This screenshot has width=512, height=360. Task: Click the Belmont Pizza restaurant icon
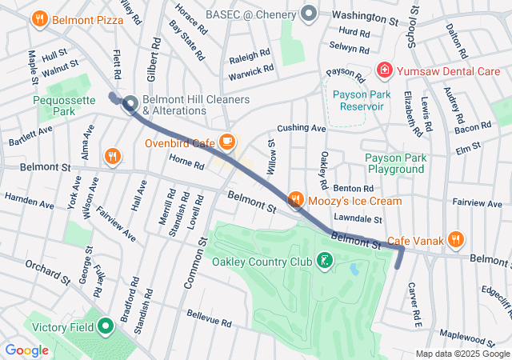click(x=40, y=18)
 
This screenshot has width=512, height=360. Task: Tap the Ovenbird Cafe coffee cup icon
click(x=227, y=142)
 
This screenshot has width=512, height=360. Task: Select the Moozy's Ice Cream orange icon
click(x=295, y=199)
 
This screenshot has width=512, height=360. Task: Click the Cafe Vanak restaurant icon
click(x=455, y=239)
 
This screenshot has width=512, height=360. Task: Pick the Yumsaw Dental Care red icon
click(x=385, y=70)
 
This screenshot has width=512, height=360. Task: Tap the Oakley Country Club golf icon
click(x=324, y=261)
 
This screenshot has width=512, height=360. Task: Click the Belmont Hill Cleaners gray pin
click(x=130, y=105)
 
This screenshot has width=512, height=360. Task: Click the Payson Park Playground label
click(x=394, y=163)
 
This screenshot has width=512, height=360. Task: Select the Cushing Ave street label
click(x=302, y=128)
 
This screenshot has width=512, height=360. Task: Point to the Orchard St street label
click(x=47, y=270)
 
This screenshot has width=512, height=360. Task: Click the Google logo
click(x=26, y=350)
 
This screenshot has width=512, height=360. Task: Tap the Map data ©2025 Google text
click(x=462, y=354)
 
